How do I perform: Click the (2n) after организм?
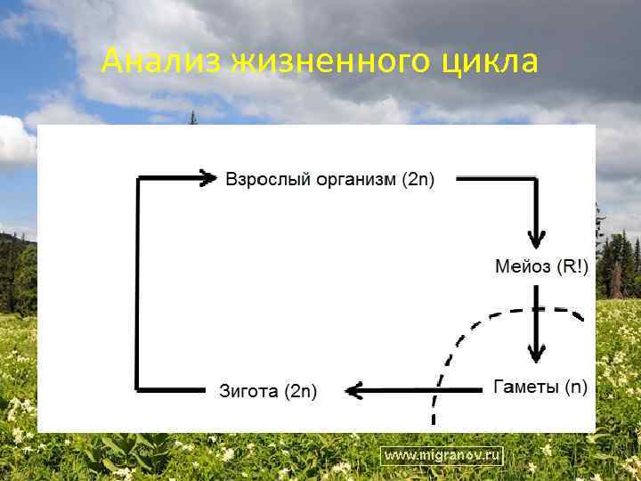click(418, 179)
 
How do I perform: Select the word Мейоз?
click(523, 266)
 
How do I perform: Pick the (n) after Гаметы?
click(577, 387)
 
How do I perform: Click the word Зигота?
click(248, 390)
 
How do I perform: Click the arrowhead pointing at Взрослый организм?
click(208, 178)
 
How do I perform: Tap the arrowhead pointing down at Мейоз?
click(535, 239)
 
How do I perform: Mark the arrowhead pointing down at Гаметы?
click(535, 354)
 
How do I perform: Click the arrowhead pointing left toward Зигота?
click(353, 389)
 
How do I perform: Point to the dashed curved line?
click(463, 334)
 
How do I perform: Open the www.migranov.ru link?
click(442, 455)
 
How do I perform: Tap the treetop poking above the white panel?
click(192, 118)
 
